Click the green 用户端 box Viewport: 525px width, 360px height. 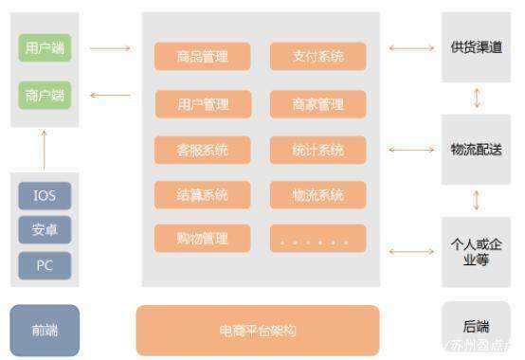[45, 47]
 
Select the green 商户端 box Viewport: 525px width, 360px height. [45, 95]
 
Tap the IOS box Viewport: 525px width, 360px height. [45, 196]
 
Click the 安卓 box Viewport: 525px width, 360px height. [45, 230]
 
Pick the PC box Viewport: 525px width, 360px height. [45, 265]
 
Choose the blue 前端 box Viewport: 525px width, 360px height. [45, 330]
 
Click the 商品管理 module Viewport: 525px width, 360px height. [203, 57]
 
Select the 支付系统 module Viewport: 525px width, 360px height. [317, 57]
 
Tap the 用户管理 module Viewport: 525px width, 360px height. [203, 103]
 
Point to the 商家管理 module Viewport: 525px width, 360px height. [317, 103]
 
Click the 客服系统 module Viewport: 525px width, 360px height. [203, 150]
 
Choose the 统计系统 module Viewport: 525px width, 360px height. [317, 150]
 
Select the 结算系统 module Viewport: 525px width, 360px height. [203, 195]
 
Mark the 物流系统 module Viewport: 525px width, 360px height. [317, 195]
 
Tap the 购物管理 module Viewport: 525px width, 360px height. [203, 238]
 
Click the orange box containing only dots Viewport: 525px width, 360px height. [317, 240]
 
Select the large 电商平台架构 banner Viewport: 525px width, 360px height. [258, 330]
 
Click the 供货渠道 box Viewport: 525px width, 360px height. [476, 47]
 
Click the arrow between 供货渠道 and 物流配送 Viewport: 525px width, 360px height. [476, 98]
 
